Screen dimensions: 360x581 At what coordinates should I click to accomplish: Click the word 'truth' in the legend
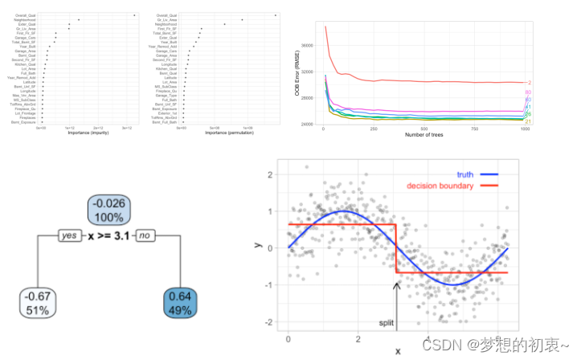point(464,174)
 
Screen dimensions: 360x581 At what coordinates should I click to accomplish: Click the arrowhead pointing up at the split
point(396,282)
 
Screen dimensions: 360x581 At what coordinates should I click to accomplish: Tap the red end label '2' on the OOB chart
point(529,83)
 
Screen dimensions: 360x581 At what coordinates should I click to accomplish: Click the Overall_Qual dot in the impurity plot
point(133,14)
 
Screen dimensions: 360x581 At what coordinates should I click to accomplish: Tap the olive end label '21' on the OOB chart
point(528,121)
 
